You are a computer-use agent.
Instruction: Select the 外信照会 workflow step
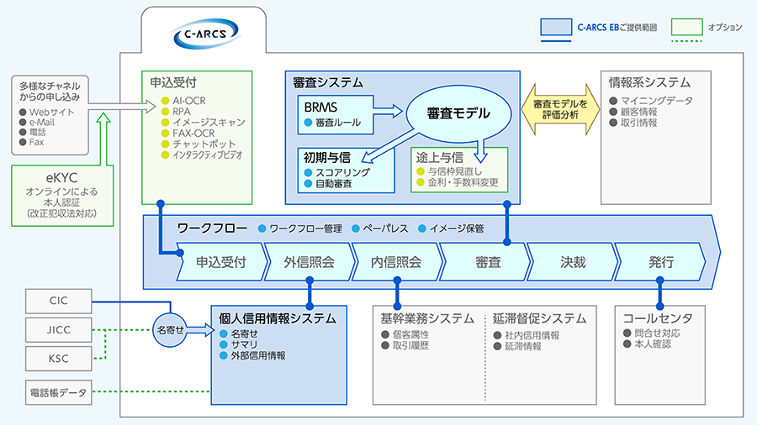click(x=310, y=261)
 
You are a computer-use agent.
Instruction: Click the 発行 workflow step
click(x=661, y=261)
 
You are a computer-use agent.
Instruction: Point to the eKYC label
click(x=61, y=178)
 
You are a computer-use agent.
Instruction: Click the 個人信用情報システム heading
click(x=277, y=318)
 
